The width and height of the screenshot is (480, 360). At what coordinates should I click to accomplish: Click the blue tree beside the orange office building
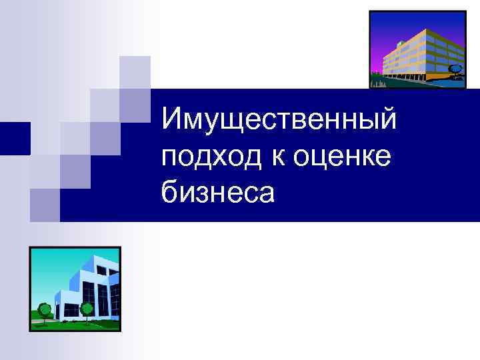(455, 69)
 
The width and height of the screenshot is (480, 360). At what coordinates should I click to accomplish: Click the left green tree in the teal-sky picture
(45, 310)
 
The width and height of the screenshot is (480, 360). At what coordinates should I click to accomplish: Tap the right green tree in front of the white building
(87, 309)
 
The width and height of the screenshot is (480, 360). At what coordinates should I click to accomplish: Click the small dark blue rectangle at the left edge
(14, 139)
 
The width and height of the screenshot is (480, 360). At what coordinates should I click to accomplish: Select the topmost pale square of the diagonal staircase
(135, 71)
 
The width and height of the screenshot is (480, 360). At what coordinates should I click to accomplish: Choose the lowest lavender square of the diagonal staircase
(45, 205)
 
